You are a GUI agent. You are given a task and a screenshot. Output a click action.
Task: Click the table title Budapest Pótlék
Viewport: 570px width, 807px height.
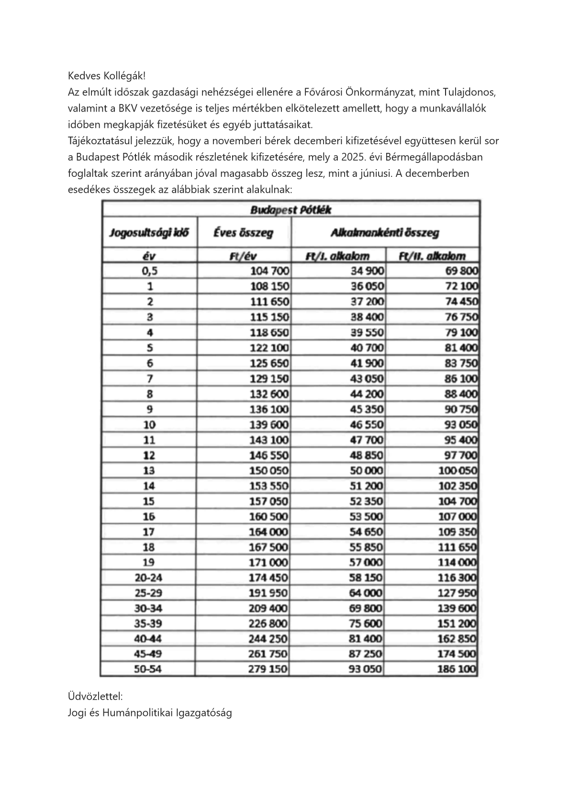click(x=291, y=210)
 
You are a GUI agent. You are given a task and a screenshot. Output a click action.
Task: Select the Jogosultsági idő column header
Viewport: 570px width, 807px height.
click(x=149, y=233)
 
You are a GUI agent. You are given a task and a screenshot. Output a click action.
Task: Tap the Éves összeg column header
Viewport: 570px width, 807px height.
click(x=243, y=233)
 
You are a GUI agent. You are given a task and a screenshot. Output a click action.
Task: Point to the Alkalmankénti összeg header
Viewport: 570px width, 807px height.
click(x=384, y=233)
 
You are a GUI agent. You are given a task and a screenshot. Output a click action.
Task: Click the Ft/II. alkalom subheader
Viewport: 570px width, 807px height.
click(x=432, y=256)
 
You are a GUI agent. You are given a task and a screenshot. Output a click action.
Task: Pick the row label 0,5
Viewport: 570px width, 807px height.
click(x=149, y=271)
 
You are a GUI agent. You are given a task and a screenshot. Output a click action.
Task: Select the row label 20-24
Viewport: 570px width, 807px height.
click(x=148, y=578)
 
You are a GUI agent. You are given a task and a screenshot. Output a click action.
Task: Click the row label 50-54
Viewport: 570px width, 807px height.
click(x=148, y=669)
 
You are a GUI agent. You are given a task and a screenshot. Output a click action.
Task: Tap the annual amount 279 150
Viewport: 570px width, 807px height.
click(x=268, y=669)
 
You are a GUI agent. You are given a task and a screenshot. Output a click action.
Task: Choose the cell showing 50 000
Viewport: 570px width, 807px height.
click(x=366, y=471)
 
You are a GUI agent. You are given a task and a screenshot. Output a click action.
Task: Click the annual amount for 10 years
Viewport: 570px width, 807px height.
click(x=269, y=425)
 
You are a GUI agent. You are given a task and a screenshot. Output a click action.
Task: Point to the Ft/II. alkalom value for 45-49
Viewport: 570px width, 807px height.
click(x=457, y=654)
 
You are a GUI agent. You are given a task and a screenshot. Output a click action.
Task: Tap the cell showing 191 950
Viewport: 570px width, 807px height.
click(x=268, y=593)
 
